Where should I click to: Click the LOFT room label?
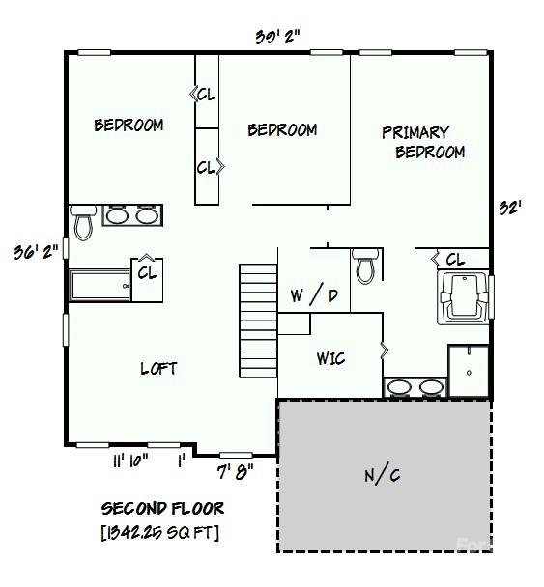(x=158, y=369)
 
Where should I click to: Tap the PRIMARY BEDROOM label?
(x=423, y=142)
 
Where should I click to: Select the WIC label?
(x=330, y=358)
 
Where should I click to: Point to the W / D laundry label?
(x=314, y=295)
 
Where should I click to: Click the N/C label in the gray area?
(x=383, y=475)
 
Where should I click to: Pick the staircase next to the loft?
(x=258, y=321)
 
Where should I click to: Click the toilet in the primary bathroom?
(x=366, y=266)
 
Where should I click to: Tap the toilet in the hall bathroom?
(x=83, y=222)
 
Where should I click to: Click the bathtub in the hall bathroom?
(x=100, y=285)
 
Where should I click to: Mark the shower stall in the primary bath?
(x=469, y=371)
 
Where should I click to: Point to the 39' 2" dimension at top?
(x=277, y=37)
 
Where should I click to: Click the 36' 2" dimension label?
(x=37, y=252)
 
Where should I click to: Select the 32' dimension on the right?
(x=510, y=208)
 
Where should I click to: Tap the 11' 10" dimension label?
(x=130, y=461)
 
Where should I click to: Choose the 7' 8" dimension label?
(x=236, y=472)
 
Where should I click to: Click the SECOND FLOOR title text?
(x=162, y=509)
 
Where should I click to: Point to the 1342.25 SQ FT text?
(x=160, y=532)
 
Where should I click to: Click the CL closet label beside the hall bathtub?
(x=147, y=273)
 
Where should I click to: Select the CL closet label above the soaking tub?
(x=455, y=259)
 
